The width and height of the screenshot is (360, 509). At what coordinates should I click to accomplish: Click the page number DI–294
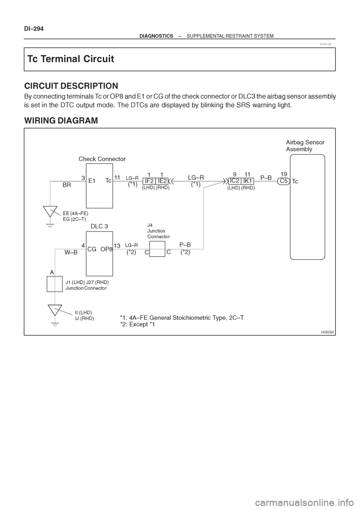[34, 29]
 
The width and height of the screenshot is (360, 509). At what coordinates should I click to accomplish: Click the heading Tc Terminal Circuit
[70, 59]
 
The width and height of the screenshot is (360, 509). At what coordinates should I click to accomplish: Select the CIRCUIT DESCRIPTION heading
[71, 86]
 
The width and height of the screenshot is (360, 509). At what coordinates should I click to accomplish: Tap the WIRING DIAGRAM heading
[61, 120]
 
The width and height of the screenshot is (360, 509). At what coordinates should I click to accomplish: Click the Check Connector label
[102, 159]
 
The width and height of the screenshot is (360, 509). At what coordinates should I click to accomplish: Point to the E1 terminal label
[92, 181]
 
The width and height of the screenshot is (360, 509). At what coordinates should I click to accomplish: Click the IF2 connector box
[149, 181]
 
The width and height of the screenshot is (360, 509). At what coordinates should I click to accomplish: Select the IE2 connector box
[162, 181]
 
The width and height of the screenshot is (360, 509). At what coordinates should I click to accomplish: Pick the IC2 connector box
[234, 181]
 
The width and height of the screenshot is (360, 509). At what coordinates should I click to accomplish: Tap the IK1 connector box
[247, 181]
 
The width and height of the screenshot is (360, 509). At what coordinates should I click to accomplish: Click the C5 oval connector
[283, 181]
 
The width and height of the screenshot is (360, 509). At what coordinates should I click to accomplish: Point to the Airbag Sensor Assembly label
[305, 146]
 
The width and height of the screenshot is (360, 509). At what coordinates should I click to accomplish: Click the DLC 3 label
[99, 226]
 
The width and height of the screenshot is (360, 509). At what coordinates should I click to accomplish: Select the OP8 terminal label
[106, 249]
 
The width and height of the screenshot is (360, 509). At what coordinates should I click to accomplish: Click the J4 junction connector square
[157, 249]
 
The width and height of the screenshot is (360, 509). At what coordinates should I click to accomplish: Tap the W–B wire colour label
[71, 253]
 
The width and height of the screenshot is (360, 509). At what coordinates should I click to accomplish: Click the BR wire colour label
[67, 185]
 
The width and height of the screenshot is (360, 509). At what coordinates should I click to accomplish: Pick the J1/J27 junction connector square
[54, 284]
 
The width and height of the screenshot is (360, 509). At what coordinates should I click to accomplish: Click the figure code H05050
[327, 332]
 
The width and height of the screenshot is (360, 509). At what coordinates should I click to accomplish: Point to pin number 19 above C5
[284, 174]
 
